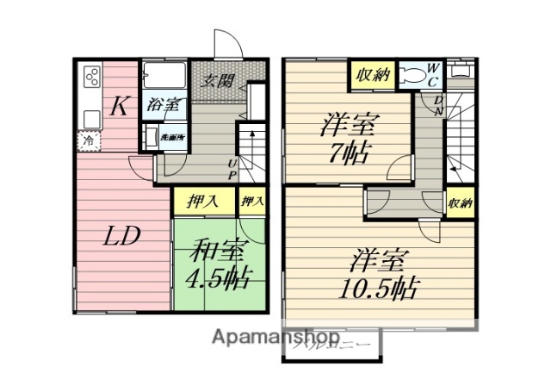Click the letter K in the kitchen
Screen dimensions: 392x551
[121, 107]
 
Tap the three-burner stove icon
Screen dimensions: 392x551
[90, 79]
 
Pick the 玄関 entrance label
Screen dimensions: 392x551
[219, 81]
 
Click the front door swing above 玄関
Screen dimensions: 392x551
[226, 45]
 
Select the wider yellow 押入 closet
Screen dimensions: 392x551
[203, 202]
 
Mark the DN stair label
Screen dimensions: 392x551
[438, 106]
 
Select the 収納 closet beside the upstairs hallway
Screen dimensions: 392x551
[460, 203]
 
